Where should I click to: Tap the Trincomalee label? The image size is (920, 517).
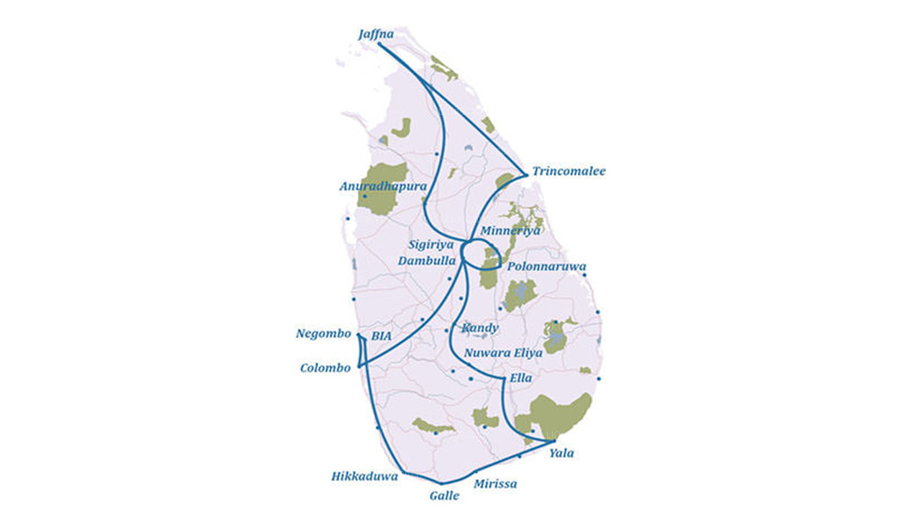[x=569, y=172]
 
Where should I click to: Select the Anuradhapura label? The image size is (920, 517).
[x=383, y=186]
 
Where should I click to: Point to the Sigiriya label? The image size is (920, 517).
[x=431, y=245]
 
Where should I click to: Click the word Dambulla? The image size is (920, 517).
[x=427, y=261]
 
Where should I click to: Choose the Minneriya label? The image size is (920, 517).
[x=510, y=230]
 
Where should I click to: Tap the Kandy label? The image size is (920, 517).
[x=480, y=328]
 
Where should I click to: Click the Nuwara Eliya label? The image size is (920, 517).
[x=503, y=353]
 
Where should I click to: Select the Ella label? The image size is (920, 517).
[x=520, y=378]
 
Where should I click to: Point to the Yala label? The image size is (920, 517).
[x=561, y=453]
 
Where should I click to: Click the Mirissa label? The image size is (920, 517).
[x=494, y=484]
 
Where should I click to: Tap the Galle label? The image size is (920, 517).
[x=444, y=495]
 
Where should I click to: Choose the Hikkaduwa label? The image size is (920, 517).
[x=364, y=476]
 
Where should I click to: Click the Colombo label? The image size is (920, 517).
[x=325, y=368]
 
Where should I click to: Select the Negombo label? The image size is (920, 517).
[x=323, y=334]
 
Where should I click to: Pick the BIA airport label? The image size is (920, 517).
[x=380, y=336]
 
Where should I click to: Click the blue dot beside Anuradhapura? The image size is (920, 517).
[x=365, y=196]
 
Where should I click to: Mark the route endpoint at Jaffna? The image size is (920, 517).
[x=379, y=45]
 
